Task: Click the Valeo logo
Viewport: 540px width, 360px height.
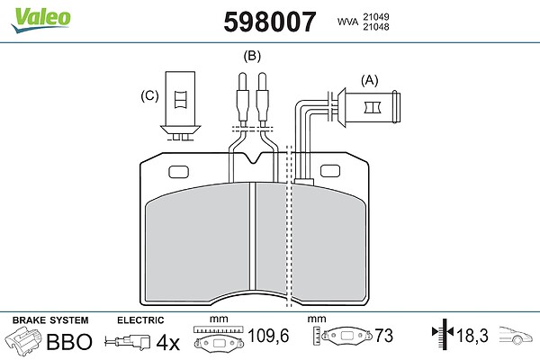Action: (x=40, y=20)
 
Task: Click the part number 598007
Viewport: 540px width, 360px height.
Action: (x=270, y=22)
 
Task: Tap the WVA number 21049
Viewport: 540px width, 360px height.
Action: (x=375, y=16)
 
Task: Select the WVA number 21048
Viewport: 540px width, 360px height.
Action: (x=375, y=26)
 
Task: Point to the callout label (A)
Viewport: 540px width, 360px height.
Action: (x=369, y=80)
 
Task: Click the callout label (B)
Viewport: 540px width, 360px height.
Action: (x=252, y=56)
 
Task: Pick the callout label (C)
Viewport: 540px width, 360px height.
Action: (x=149, y=95)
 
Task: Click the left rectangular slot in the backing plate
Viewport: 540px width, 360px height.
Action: (x=179, y=172)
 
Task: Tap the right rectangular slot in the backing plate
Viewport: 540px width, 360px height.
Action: (x=330, y=171)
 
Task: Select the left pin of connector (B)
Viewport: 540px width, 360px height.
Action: (x=242, y=100)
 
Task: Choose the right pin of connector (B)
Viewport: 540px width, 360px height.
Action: (x=263, y=100)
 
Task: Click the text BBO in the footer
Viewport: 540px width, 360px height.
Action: (x=69, y=341)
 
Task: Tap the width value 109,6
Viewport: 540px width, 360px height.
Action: (x=268, y=336)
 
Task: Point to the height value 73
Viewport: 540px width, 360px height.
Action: (x=383, y=335)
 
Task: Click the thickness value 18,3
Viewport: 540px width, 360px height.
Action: (x=472, y=335)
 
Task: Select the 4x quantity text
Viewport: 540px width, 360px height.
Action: (x=167, y=342)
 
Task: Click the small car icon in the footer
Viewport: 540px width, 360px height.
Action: (x=516, y=335)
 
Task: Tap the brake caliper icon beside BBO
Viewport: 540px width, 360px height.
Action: (x=22, y=341)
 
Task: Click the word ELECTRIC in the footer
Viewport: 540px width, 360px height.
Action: (x=140, y=320)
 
